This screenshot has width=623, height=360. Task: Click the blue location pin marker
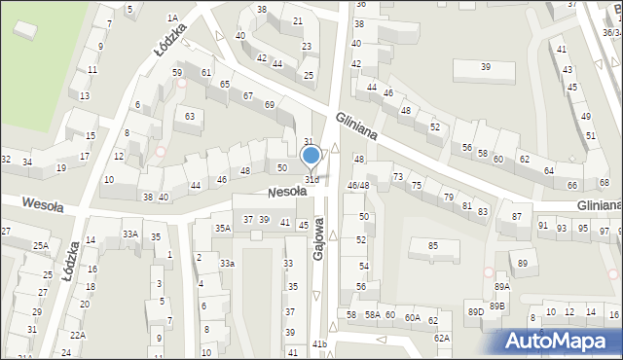click(311, 156)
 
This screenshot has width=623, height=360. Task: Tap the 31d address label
click(311, 180)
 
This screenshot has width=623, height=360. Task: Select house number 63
click(189, 117)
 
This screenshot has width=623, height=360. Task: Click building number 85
click(432, 245)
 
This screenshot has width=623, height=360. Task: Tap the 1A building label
click(172, 18)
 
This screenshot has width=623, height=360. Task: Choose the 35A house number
click(223, 229)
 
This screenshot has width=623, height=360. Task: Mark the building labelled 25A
click(40, 246)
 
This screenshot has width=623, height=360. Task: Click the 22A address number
click(78, 335)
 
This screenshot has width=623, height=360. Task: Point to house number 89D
click(475, 311)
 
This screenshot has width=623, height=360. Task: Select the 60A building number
click(413, 317)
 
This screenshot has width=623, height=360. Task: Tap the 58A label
click(372, 315)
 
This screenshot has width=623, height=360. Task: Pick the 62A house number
click(442, 338)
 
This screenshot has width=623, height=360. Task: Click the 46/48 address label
click(359, 185)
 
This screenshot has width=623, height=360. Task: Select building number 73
click(397, 176)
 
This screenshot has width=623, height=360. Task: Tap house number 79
click(448, 198)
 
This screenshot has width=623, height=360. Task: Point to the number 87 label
click(516, 217)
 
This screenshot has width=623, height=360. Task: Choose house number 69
click(270, 104)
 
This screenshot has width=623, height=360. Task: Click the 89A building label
click(501, 286)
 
